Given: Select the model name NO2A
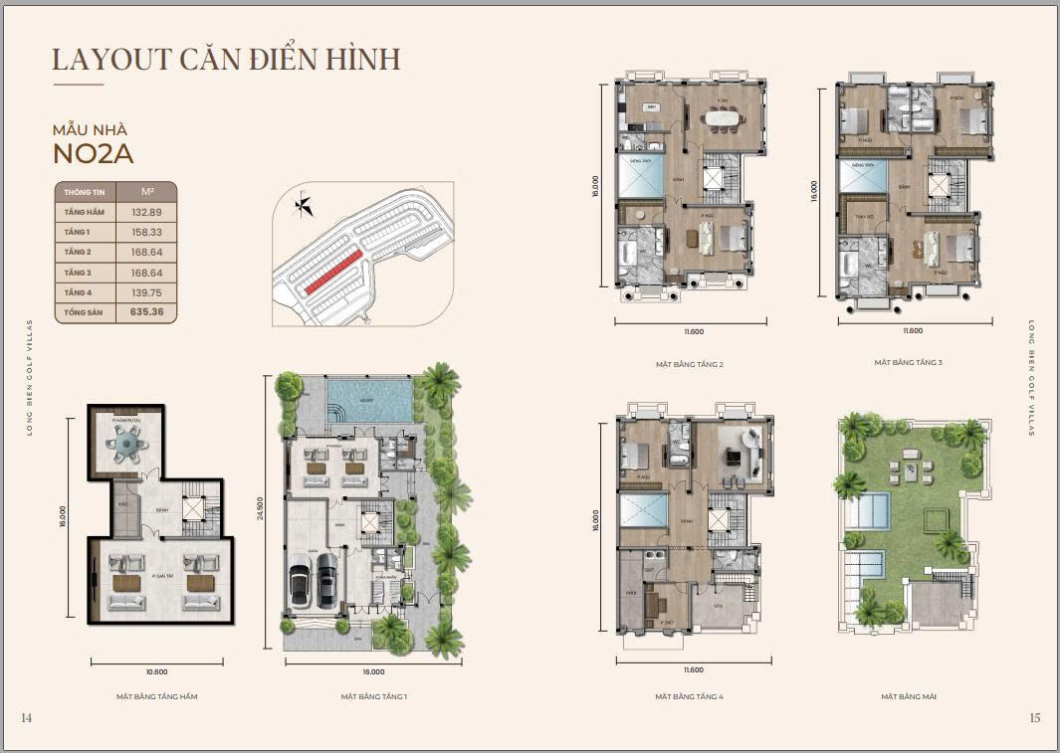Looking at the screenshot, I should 93,153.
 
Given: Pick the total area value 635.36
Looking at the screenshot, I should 146,311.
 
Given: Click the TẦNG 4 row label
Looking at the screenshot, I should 77,291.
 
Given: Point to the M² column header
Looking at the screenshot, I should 146,191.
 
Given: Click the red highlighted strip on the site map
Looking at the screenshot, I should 333,271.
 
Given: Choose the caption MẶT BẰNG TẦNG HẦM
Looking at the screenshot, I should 157,696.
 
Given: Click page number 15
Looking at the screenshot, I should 1035,717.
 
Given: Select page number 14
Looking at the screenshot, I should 26,717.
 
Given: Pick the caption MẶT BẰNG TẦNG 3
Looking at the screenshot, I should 908,363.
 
